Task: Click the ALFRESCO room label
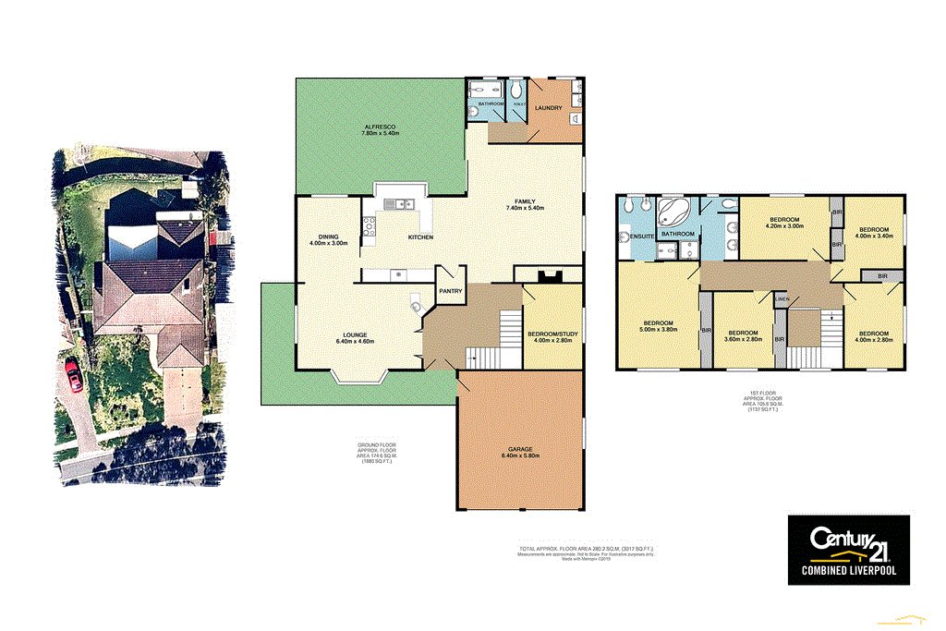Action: (380, 127)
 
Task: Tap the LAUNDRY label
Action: (548, 108)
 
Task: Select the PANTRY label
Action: (451, 291)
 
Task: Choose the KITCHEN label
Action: (421, 237)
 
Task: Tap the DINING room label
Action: (328, 237)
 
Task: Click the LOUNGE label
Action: (355, 334)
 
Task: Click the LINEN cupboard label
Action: (781, 300)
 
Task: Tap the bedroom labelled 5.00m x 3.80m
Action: (659, 323)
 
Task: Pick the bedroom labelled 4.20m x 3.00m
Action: (782, 219)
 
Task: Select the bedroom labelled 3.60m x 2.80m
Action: (743, 333)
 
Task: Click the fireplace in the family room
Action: (549, 273)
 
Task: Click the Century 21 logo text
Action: (847, 539)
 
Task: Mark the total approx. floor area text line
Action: (586, 549)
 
